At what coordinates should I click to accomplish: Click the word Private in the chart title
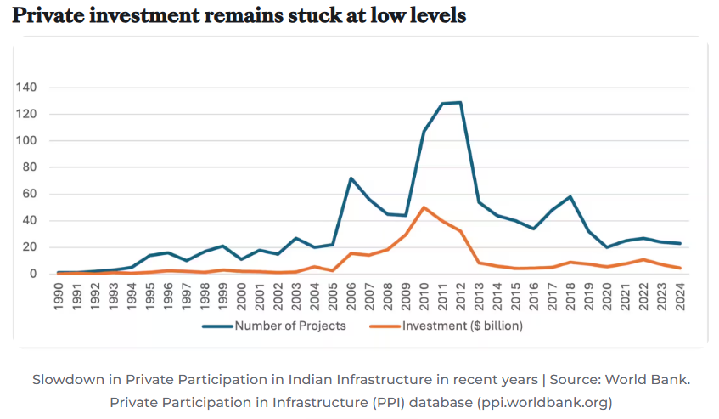[48, 15]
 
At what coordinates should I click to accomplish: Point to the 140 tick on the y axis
[26, 88]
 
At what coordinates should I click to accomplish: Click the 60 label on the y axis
[30, 194]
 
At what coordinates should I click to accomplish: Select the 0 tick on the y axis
[33, 274]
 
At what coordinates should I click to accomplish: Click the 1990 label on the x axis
[59, 297]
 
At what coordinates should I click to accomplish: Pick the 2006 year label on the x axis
[351, 297]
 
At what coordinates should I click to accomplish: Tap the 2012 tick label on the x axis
[460, 297]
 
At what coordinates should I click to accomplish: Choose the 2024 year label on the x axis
[680, 297]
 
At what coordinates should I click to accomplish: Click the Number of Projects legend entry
[273, 326]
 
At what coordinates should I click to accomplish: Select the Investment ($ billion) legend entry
[446, 326]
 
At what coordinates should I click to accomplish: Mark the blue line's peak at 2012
[460, 102]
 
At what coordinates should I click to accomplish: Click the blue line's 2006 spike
[351, 178]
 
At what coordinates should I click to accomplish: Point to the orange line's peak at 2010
[424, 207]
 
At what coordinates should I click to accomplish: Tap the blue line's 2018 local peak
[570, 197]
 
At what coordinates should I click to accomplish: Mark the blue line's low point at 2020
[607, 247]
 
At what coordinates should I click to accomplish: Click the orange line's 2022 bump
[643, 260]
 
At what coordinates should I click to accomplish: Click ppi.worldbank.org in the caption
[544, 403]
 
